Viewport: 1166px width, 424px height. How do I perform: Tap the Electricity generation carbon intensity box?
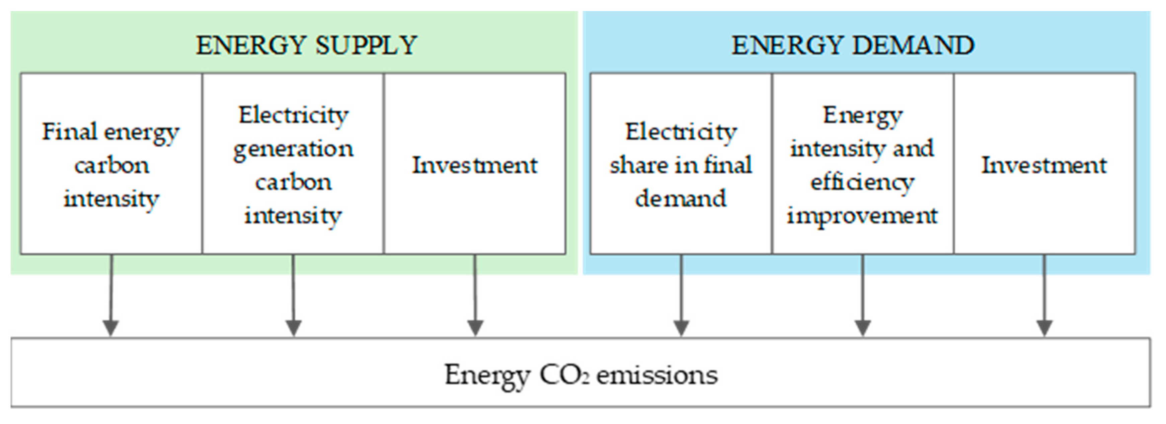pos(293,164)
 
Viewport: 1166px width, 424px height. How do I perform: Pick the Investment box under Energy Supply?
pos(474,164)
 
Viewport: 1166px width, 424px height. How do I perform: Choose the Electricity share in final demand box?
pos(681,164)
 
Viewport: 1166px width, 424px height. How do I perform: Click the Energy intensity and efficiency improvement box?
pos(862,164)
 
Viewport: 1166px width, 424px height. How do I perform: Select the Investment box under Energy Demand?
pos(1044,164)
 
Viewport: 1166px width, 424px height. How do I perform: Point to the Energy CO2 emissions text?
pos(581,375)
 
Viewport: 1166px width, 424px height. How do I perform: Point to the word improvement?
pos(862,216)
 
